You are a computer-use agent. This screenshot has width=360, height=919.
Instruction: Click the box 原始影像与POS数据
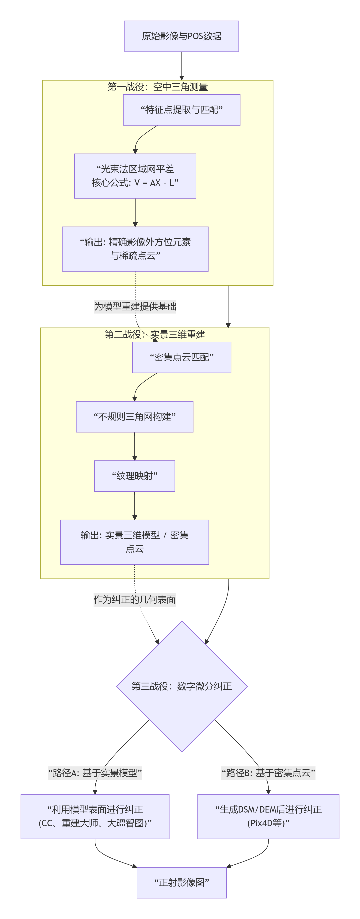tap(181, 36)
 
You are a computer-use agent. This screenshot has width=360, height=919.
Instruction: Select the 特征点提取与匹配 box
tap(181, 110)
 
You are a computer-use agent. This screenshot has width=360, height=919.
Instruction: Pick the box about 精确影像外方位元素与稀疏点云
tap(135, 249)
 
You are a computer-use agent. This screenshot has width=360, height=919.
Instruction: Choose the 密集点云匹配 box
tap(181, 357)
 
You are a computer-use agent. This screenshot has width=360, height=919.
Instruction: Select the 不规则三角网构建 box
tap(135, 417)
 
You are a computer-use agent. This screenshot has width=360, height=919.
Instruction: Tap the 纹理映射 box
tap(135, 476)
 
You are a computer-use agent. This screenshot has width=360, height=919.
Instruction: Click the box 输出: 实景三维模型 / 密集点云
tap(135, 542)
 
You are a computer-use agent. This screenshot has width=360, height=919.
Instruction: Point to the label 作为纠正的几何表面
tap(135, 600)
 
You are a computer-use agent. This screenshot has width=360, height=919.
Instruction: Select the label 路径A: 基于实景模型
tap(95, 773)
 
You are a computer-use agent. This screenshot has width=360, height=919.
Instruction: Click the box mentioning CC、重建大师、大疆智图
tap(95, 817)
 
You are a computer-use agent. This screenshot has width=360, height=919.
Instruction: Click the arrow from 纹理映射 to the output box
tap(135, 506)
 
